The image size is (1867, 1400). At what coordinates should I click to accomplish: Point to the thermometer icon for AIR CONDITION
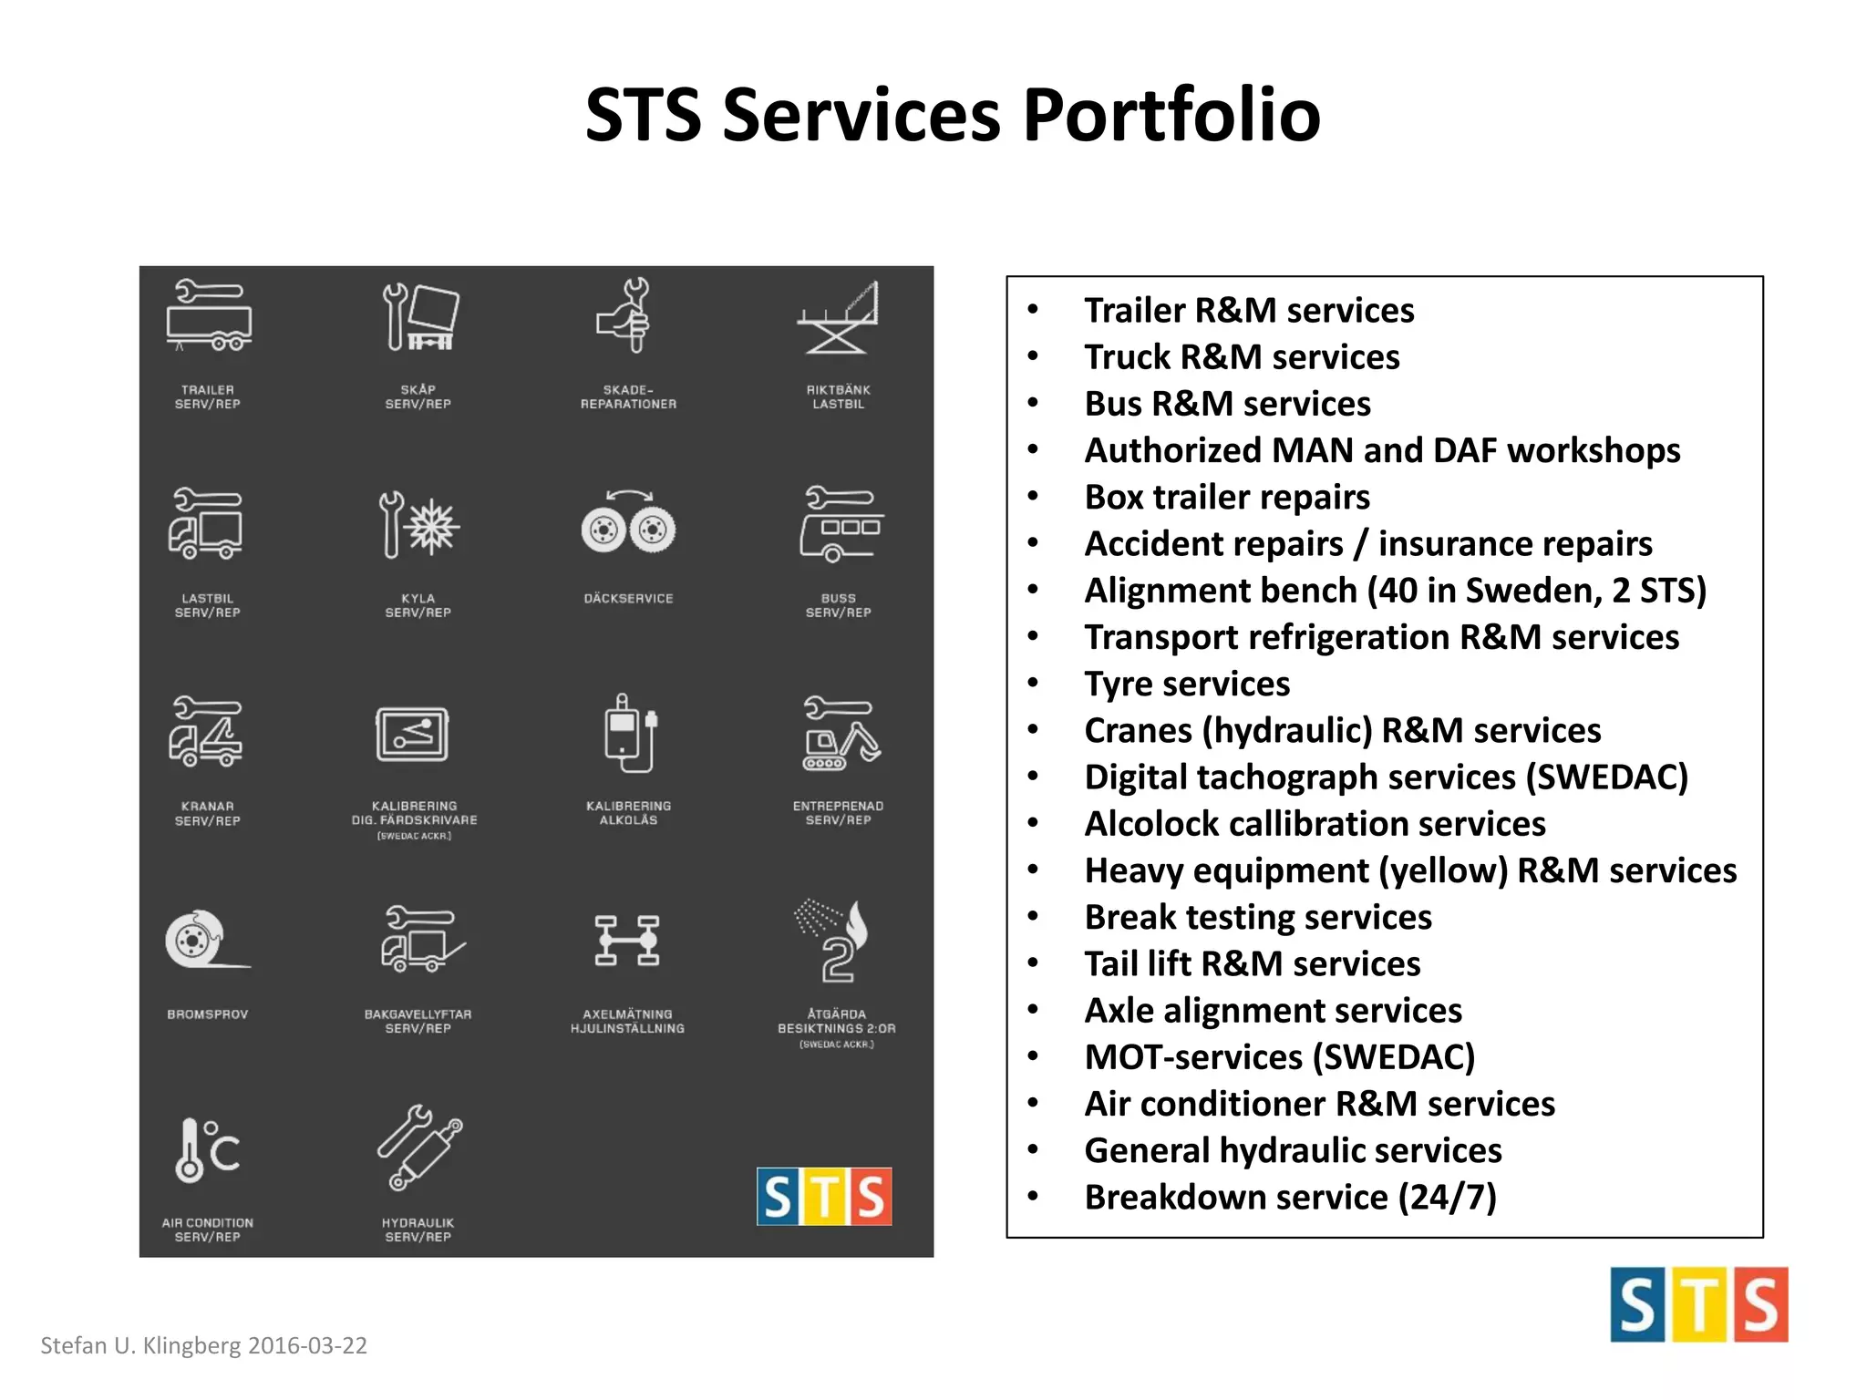pyautogui.click(x=207, y=1150)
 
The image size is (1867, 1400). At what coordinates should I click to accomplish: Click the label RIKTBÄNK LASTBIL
pyautogui.click(x=839, y=396)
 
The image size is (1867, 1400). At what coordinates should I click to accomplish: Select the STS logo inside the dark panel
pyautogui.click(x=824, y=1196)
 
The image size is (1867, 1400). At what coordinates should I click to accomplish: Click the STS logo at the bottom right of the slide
pyautogui.click(x=1698, y=1304)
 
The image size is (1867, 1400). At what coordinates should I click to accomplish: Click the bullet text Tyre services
pyautogui.click(x=1187, y=684)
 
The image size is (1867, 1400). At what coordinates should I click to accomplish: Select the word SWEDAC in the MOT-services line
pyautogui.click(x=1393, y=1057)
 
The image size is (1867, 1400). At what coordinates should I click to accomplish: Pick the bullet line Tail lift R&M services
pyautogui.click(x=1252, y=963)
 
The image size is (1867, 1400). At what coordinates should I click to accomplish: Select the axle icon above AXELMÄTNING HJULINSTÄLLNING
pyautogui.click(x=627, y=940)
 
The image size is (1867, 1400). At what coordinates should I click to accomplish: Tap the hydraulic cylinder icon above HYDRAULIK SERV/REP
pyautogui.click(x=420, y=1148)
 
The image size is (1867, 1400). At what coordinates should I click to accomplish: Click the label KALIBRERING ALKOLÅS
pyautogui.click(x=628, y=813)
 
